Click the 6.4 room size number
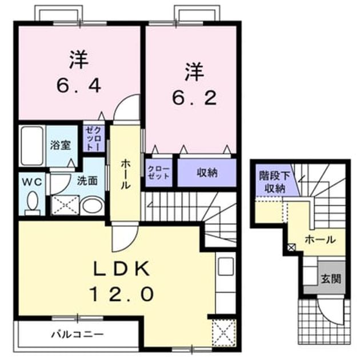click(x=78, y=86)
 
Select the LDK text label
click(x=122, y=269)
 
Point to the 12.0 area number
click(x=122, y=294)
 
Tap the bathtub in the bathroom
click(x=32, y=145)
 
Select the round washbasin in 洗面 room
click(x=93, y=206)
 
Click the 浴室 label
click(x=61, y=145)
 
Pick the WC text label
click(x=32, y=182)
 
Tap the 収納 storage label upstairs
click(x=207, y=173)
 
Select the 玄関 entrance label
click(x=331, y=279)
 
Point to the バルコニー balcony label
click(x=77, y=334)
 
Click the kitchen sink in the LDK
click(x=226, y=266)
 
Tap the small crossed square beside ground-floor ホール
click(x=291, y=247)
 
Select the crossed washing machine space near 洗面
click(x=65, y=205)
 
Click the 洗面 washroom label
click(x=87, y=181)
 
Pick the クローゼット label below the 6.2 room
click(x=159, y=173)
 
